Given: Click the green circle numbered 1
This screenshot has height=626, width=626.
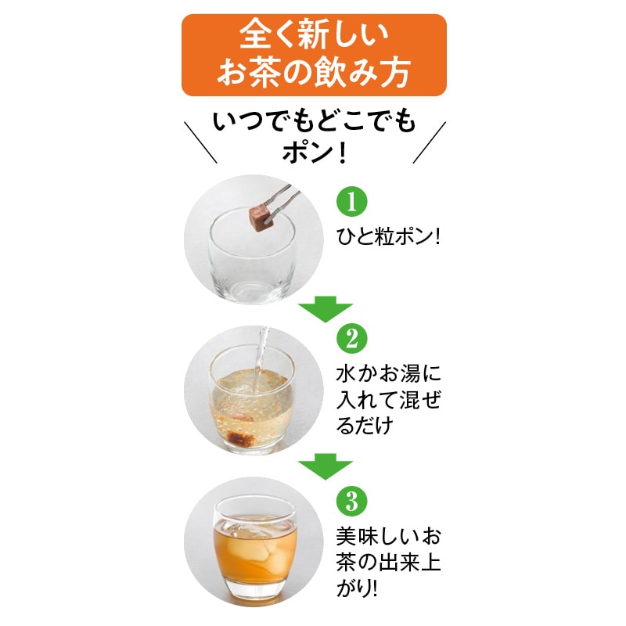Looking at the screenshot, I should point(351,202).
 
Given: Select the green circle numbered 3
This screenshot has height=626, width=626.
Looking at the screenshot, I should point(351,498).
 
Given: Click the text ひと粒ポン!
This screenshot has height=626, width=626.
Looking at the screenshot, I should point(388,236).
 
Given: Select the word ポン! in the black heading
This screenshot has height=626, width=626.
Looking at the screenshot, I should point(313,149).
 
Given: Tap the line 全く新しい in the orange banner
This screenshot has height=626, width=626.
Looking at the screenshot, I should point(313,35).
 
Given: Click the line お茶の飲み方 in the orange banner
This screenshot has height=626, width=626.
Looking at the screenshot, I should point(313,74).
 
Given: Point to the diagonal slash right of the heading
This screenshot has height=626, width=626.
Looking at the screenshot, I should point(429,142).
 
